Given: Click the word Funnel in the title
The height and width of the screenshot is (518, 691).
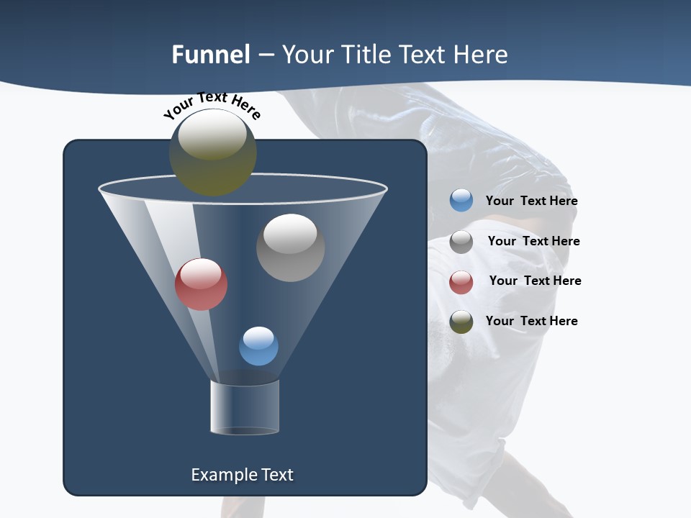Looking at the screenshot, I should pyautogui.click(x=210, y=55).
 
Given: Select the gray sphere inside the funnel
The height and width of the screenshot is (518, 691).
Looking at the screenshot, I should pyautogui.click(x=290, y=247).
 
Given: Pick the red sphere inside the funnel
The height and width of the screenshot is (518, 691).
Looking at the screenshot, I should pyautogui.click(x=201, y=284).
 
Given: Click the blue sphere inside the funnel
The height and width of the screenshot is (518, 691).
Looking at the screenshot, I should pyautogui.click(x=258, y=346).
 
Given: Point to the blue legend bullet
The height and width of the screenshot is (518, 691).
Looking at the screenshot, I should pyautogui.click(x=461, y=201).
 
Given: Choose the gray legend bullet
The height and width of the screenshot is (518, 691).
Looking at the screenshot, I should pyautogui.click(x=461, y=242).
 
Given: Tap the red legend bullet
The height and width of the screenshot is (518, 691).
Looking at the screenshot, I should pyautogui.click(x=461, y=282).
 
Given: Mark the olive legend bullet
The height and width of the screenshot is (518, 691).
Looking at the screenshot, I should pyautogui.click(x=461, y=322).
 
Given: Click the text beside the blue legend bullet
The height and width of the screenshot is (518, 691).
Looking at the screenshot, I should pyautogui.click(x=531, y=201).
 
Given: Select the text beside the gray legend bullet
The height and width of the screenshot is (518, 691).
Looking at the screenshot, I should pyautogui.click(x=533, y=241).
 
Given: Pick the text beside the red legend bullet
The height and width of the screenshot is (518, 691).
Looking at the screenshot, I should pyautogui.click(x=535, y=281).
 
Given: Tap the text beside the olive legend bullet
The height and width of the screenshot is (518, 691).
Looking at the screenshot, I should pyautogui.click(x=531, y=321).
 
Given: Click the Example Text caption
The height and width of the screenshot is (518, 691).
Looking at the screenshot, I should pyautogui.click(x=242, y=475).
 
